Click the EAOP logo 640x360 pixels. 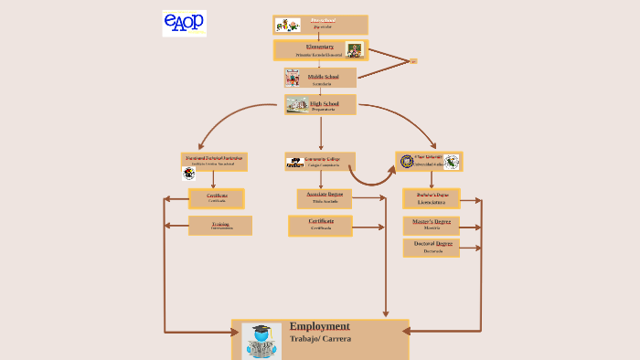[184, 23]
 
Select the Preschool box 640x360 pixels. [320, 25]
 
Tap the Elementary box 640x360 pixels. [319, 50]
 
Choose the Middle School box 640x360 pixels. [319, 79]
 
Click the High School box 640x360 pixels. [319, 105]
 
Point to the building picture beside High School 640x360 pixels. [296, 105]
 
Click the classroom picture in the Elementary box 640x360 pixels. [354, 50]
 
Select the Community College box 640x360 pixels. [320, 162]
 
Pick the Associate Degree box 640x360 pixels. [324, 198]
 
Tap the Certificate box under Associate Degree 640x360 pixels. [320, 225]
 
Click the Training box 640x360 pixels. [220, 225]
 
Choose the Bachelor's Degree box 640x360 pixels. [432, 198]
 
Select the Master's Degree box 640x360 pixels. [432, 225]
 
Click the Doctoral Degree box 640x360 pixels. [432, 248]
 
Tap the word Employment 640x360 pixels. [319, 326]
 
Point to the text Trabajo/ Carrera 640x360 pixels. [320, 339]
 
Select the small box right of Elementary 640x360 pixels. [412, 61]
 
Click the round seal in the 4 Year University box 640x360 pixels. [407, 162]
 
